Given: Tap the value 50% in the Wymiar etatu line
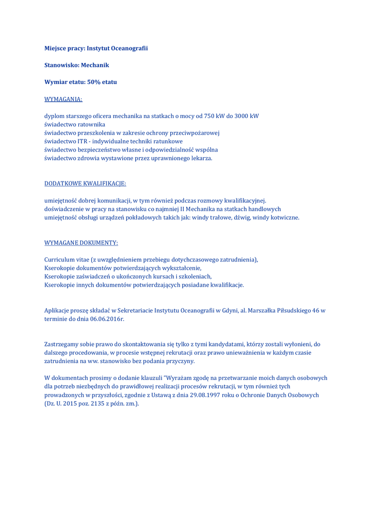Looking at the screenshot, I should click(94, 82).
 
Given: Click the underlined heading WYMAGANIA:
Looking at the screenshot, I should click(63, 99).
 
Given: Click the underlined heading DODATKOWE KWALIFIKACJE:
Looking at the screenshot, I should click(85, 183).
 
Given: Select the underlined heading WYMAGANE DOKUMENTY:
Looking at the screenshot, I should click(81, 242).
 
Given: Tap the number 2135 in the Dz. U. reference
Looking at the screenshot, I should click(97, 403).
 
